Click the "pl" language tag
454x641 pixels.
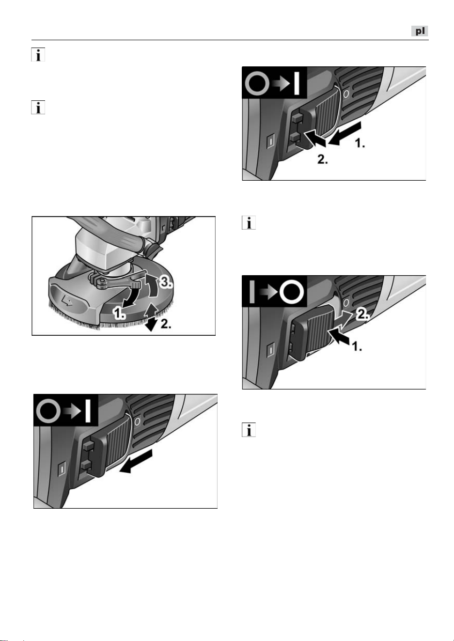point(420,31)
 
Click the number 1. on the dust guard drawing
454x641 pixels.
point(119,313)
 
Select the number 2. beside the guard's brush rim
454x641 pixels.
point(166,324)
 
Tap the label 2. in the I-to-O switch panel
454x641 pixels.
point(363,315)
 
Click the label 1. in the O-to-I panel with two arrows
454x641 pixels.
point(360,143)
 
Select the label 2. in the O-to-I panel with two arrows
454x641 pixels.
point(323,159)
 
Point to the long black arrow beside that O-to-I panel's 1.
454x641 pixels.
point(345,133)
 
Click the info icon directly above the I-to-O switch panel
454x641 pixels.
point(249,223)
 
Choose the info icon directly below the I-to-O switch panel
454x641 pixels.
point(249,430)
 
